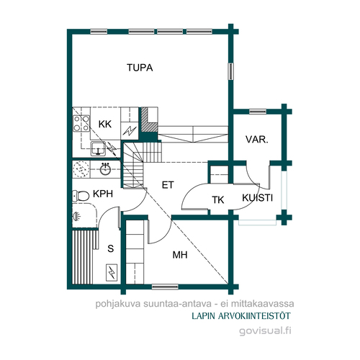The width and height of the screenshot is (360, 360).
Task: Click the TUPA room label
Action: [140, 68]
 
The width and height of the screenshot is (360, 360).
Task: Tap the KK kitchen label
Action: [105, 125]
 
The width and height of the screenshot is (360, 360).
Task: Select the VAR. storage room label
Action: [256, 140]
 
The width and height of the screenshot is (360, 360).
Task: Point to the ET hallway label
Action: [168, 185]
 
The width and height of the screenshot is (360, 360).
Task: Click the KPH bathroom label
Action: [103, 194]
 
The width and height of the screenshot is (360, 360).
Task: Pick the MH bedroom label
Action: [180, 255]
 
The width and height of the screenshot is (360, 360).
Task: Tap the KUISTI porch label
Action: [257, 198]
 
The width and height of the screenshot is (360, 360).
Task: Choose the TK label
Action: [218, 200]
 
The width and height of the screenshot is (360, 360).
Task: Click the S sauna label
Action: [111, 248]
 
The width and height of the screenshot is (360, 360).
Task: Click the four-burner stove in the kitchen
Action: [81, 123]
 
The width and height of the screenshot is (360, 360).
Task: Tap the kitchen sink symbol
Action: [98, 148]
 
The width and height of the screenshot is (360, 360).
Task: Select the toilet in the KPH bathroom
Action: [81, 196]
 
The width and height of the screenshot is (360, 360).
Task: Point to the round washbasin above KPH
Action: [105, 169]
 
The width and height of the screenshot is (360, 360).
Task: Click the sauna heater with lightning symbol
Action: [112, 272]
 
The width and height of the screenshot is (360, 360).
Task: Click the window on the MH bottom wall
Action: [165, 287]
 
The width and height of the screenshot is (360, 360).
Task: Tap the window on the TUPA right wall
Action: [230, 71]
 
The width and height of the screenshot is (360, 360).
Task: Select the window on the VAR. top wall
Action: [258, 112]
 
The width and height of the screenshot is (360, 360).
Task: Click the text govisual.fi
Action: [265, 331]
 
